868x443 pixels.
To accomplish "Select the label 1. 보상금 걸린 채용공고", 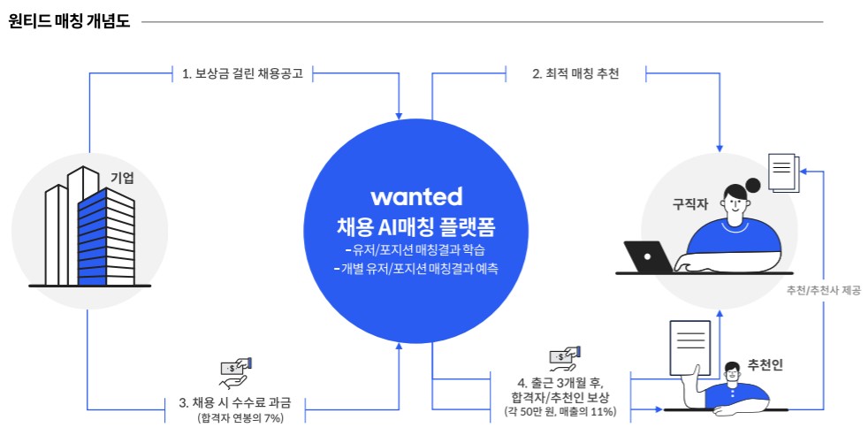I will coord(242,74).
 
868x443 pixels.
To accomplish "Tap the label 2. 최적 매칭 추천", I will coord(575,74).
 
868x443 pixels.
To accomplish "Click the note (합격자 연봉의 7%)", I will coord(240,418).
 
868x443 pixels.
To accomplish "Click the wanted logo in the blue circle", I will coord(416,195).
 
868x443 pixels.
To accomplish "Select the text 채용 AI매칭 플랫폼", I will coord(416,226).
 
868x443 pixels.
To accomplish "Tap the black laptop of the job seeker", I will coord(650,257).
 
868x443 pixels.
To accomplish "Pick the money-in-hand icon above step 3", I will coord(236,370).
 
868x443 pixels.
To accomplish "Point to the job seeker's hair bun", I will coord(753,186).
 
